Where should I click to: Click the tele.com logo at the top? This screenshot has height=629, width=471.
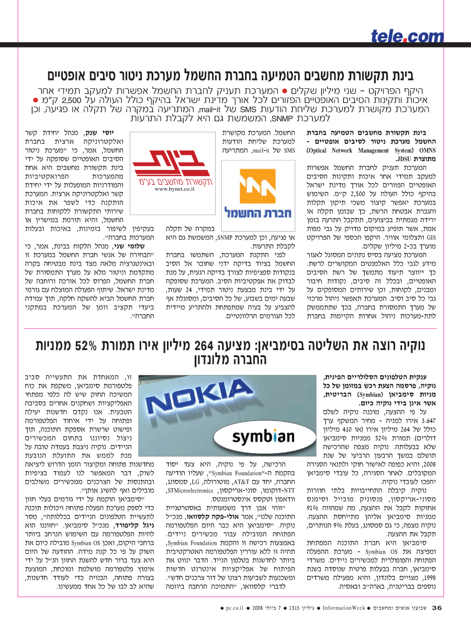(x=407, y=36)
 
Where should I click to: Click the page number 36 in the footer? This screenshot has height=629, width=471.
(x=436, y=608)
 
